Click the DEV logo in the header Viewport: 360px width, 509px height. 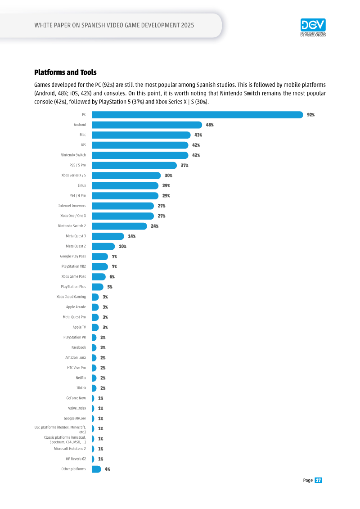pyautogui.click(x=313, y=27)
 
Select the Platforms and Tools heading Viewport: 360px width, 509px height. pyautogui.click(x=65, y=72)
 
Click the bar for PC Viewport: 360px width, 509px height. pyautogui.click(x=198, y=115)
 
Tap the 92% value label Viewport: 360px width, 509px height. pyautogui.click(x=310, y=115)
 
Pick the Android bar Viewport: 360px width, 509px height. pyautogui.click(x=147, y=125)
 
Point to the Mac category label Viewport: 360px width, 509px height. pyautogui.click(x=83, y=135)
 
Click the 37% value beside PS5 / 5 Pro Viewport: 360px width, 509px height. pyautogui.click(x=184, y=165)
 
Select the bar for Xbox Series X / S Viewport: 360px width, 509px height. pyautogui.click(x=126, y=176)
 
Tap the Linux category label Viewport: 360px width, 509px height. pyautogui.click(x=82, y=185)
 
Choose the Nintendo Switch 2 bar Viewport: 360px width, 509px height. pyautogui.click(x=119, y=226)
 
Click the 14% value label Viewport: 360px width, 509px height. pyautogui.click(x=131, y=236)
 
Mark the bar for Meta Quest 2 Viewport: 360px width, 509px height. pyautogui.click(x=103, y=246)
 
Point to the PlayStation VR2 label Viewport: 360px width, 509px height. pyautogui.click(x=74, y=266)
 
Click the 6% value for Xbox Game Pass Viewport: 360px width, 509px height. pyautogui.click(x=112, y=277)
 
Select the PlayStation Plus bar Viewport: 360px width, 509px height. pyautogui.click(x=97, y=287)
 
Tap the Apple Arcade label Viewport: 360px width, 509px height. pyautogui.click(x=76, y=307)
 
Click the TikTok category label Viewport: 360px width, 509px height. pyautogui.click(x=81, y=388)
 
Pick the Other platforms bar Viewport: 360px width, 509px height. pyautogui.click(x=96, y=469)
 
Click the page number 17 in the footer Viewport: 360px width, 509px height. pyautogui.click(x=318, y=480)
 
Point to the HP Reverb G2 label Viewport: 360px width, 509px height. pyautogui.click(x=76, y=459)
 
